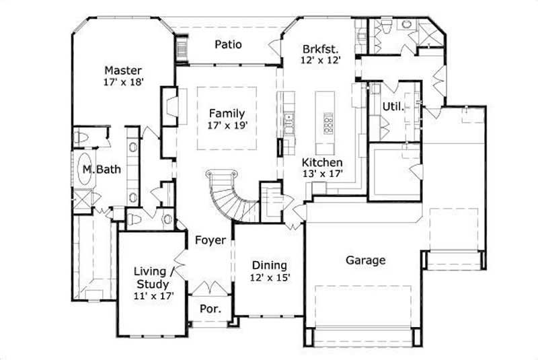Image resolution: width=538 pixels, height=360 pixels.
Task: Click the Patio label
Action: point(228,45)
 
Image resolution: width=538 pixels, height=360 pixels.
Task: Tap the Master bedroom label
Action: point(122,70)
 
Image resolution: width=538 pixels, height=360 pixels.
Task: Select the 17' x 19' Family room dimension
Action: point(226,125)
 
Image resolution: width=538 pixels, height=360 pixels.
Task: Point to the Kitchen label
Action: point(322,162)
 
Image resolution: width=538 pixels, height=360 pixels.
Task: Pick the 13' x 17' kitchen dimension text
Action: point(322,174)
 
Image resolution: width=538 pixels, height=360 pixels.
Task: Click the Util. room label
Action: point(393,106)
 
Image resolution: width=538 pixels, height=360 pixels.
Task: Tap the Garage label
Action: point(365,260)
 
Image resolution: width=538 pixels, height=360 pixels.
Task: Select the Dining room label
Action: point(269,264)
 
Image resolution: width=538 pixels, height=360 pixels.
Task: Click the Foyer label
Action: point(210,240)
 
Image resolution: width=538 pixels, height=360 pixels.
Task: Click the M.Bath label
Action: point(102,170)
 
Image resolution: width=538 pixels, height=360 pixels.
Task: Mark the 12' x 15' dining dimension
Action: point(269,277)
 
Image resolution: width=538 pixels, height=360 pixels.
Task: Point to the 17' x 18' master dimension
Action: point(122,81)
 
